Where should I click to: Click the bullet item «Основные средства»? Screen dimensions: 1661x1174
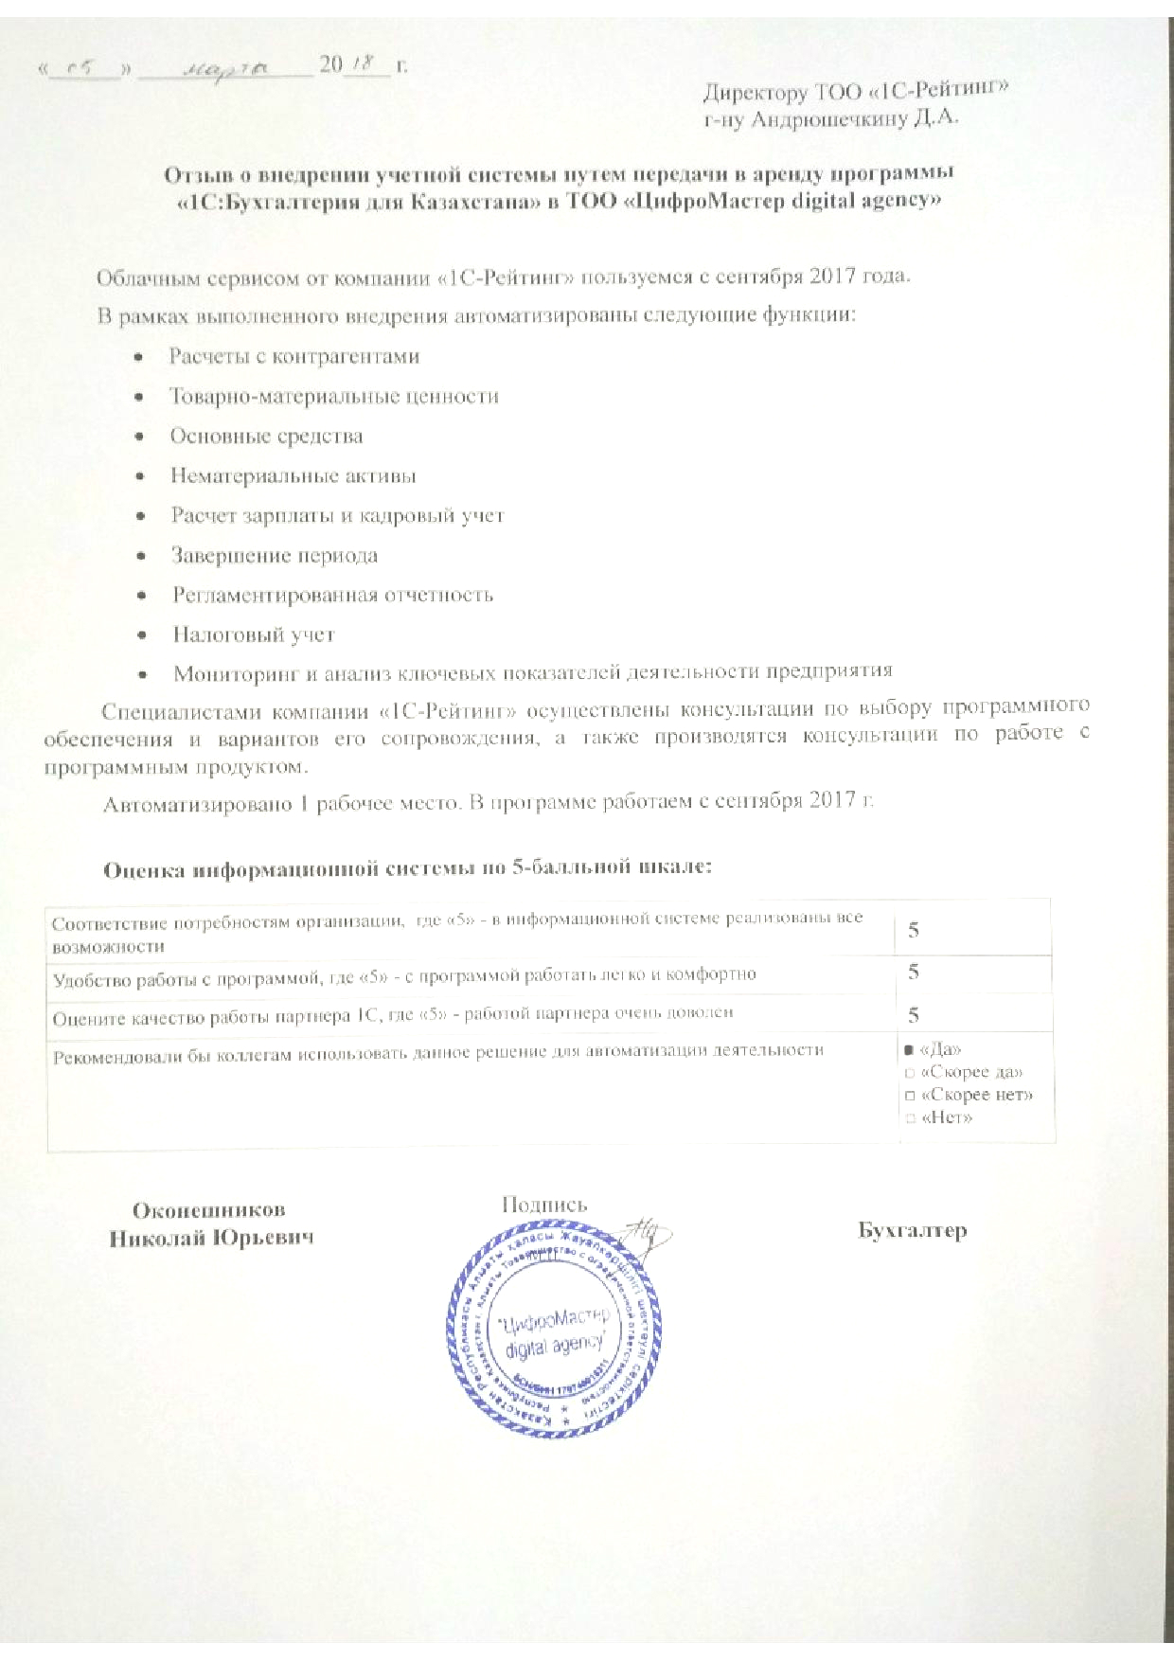point(266,437)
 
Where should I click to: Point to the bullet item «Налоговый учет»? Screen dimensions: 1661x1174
point(254,634)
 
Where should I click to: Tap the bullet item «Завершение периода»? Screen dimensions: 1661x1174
point(275,556)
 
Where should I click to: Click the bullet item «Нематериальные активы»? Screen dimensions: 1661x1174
point(293,476)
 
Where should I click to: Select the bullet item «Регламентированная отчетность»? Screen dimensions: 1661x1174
point(332,595)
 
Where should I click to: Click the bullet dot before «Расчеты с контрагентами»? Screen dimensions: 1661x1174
point(139,357)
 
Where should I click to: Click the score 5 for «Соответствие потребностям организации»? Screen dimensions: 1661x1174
point(914,930)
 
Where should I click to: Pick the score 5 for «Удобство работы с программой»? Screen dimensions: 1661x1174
point(914,972)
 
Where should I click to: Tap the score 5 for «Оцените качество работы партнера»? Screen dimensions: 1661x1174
point(914,1015)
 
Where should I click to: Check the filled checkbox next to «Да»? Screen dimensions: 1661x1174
point(908,1050)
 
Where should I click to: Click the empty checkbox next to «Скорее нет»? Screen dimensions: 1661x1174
point(909,1096)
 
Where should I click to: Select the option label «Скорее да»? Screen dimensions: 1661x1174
point(971,1073)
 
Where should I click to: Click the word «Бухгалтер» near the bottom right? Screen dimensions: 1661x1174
point(913,1230)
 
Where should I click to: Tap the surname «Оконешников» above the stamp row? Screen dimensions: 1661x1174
point(208,1210)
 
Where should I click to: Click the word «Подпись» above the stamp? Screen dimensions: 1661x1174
point(544,1205)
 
